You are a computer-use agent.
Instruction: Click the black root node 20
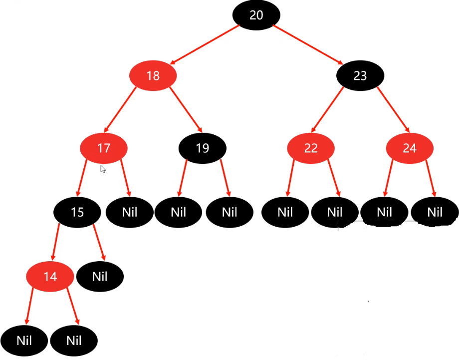point(256,15)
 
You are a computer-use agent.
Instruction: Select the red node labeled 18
point(153,76)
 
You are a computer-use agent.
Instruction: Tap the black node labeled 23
point(360,76)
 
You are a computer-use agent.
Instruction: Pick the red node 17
point(104,148)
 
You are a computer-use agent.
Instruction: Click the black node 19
point(203,148)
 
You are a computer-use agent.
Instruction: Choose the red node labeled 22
point(310,148)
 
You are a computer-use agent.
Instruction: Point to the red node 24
point(409,148)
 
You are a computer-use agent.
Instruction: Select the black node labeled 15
point(77,212)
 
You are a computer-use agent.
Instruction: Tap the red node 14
point(50,276)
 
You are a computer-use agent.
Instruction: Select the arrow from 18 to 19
point(185,109)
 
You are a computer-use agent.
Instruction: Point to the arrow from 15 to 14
point(54,245)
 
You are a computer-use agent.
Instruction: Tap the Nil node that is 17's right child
point(129,212)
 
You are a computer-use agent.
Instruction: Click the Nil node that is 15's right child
point(100,276)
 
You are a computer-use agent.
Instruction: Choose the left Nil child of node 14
point(24,341)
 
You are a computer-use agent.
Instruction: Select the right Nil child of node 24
point(435,212)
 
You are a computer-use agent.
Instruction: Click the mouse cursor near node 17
point(102,169)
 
